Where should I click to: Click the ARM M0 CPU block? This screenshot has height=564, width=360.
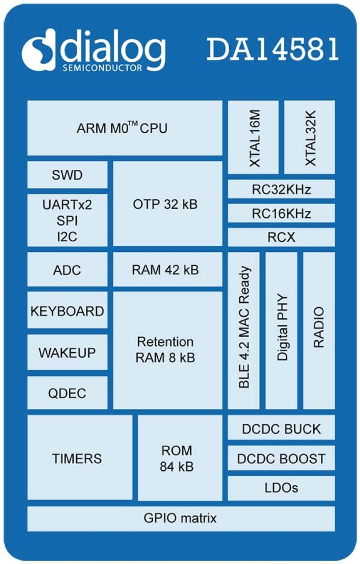[125, 128]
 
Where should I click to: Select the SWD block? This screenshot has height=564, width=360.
[68, 175]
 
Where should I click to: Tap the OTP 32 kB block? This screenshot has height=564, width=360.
[167, 204]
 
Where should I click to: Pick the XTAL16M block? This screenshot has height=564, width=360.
[253, 138]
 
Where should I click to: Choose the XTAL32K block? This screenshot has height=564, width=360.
[309, 138]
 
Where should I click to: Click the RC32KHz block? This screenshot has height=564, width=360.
[281, 189]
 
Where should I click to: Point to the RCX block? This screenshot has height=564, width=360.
[281, 237]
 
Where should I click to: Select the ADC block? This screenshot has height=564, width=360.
[68, 269]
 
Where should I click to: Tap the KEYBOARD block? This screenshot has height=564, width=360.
[68, 311]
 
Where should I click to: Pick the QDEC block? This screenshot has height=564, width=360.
[68, 393]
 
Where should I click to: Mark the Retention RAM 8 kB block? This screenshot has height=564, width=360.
[167, 350]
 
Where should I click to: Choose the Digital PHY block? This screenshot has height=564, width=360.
[281, 330]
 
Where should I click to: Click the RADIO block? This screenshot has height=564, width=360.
[319, 330]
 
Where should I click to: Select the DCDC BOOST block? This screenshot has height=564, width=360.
[281, 458]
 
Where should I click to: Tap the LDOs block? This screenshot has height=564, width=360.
[281, 488]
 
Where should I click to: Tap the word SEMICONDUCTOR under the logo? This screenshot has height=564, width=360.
[102, 68]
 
